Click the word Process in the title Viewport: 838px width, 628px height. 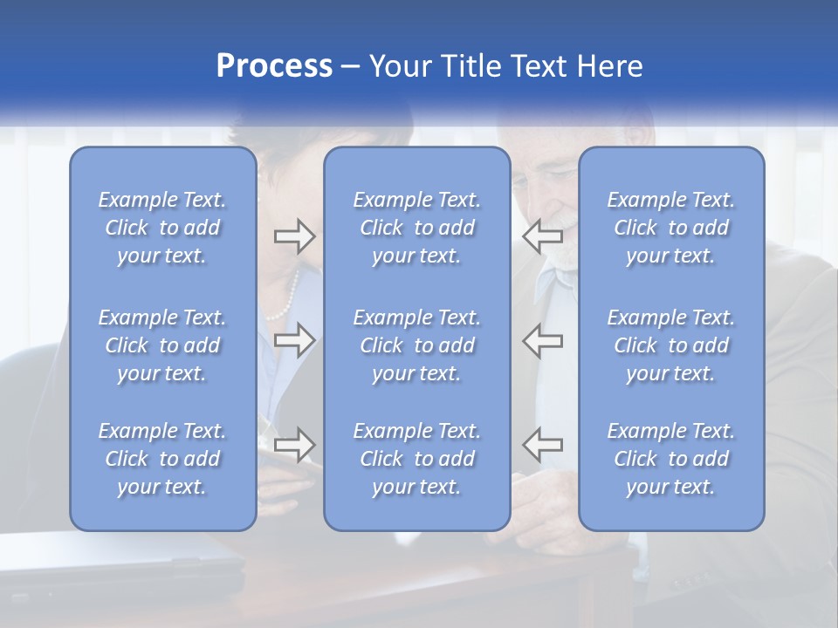(x=274, y=66)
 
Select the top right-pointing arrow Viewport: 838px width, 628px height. (x=294, y=235)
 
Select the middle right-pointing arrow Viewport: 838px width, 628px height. (x=294, y=340)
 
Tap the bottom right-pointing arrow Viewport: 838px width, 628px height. (x=294, y=445)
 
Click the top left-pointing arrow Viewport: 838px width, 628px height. (x=543, y=235)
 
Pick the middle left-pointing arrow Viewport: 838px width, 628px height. (x=543, y=340)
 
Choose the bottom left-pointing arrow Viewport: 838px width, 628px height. (x=543, y=445)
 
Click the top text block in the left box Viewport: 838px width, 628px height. (x=162, y=228)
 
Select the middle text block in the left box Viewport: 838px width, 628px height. (x=162, y=345)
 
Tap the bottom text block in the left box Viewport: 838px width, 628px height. (x=162, y=459)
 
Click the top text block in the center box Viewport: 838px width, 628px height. (x=417, y=228)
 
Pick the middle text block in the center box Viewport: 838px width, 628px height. (x=417, y=345)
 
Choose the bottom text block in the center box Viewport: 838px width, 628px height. (x=417, y=459)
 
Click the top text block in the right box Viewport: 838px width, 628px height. (x=671, y=228)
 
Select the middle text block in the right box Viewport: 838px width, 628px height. (x=671, y=345)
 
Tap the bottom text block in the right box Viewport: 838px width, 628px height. (x=671, y=459)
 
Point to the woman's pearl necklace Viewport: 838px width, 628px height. (x=285, y=302)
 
